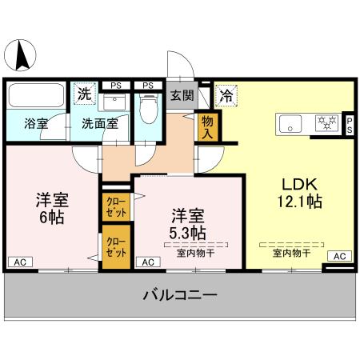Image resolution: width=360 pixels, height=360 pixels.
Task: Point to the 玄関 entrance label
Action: tap(182, 95)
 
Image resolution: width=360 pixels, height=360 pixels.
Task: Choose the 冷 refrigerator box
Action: tap(225, 94)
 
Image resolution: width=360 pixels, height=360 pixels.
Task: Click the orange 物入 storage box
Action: tap(207, 126)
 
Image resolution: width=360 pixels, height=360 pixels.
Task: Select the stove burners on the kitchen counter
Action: tap(326, 123)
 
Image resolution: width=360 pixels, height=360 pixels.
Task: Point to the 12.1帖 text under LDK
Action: tap(301, 202)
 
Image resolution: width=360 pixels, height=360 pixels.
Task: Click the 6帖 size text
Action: tap(49, 218)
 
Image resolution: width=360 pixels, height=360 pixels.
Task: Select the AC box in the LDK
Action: tap(338, 256)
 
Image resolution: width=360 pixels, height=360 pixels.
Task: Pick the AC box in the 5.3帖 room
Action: tap(146, 261)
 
